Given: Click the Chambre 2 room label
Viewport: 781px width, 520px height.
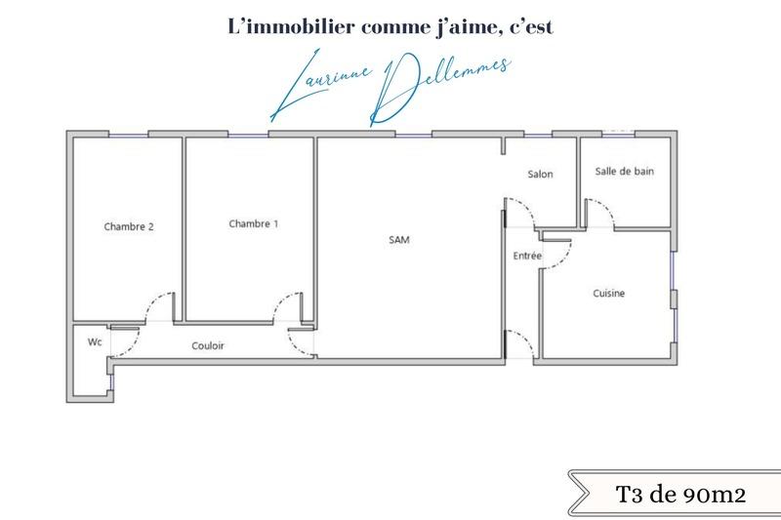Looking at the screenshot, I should click(129, 226).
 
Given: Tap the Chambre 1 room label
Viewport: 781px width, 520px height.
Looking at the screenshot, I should click(253, 223).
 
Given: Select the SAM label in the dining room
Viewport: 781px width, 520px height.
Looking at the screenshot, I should click(398, 239).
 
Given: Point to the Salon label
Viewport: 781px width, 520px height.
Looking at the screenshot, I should click(540, 175).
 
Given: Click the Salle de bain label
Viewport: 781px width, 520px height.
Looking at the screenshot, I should click(625, 171).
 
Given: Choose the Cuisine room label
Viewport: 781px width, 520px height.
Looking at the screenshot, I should click(608, 294).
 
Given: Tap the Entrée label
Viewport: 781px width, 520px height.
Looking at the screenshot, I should click(528, 256).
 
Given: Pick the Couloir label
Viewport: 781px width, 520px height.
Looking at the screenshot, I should click(208, 345).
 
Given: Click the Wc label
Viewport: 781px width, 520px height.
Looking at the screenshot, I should click(95, 341).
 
